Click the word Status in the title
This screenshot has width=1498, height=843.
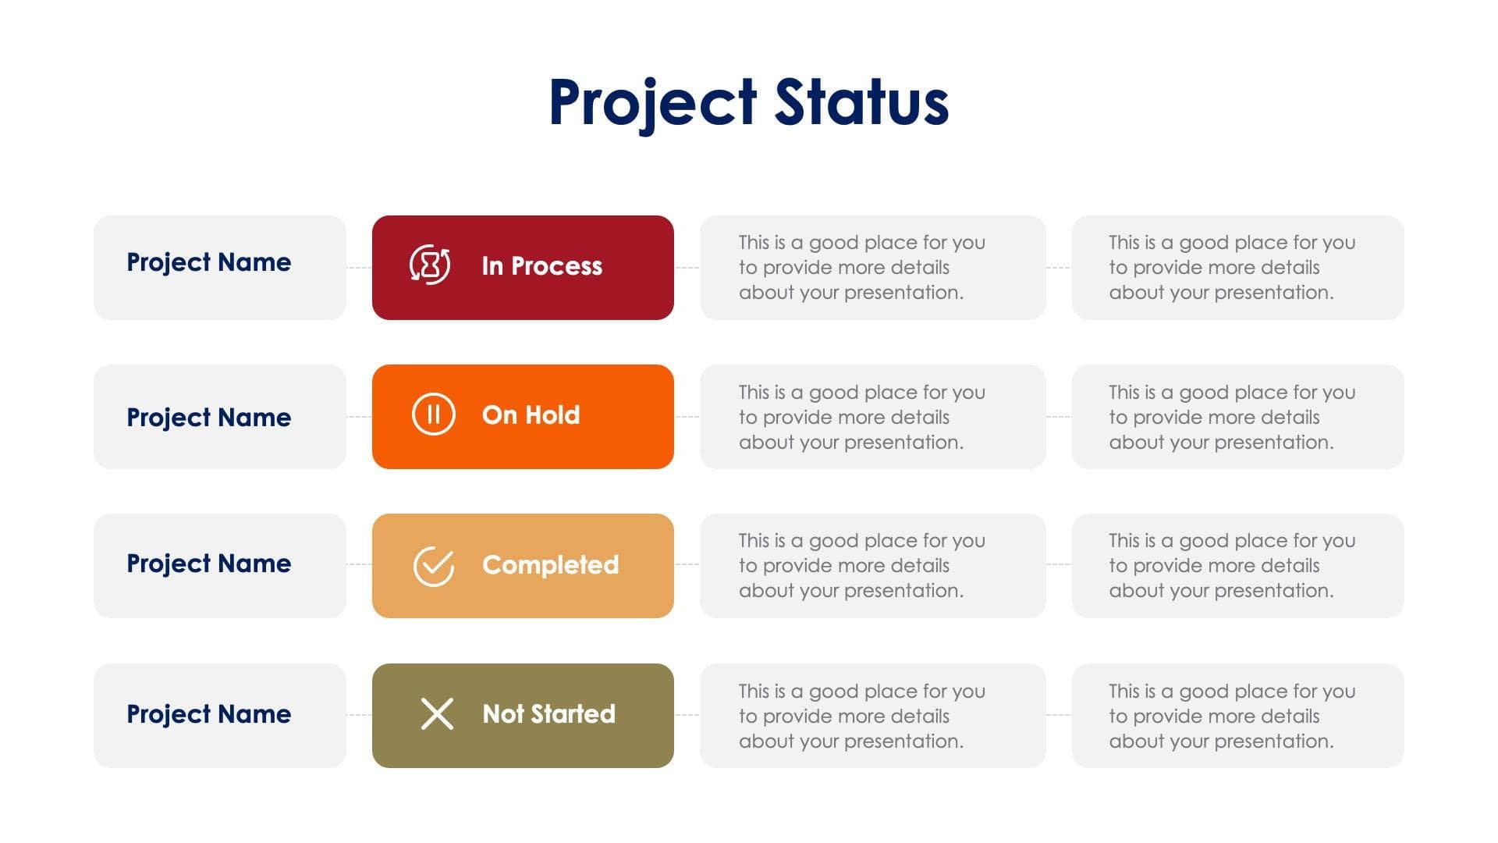861,102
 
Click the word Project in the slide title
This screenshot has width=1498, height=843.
652,102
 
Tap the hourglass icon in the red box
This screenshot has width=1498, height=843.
430,265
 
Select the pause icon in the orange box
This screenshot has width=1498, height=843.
433,414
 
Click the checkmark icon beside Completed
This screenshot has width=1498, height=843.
433,565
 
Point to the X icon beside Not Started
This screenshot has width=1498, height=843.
437,713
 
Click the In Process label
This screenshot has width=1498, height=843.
541,266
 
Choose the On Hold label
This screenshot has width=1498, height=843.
531,415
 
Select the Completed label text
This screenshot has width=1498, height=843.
550,565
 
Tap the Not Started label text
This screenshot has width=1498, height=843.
548,714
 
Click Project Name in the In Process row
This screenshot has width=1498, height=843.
208,262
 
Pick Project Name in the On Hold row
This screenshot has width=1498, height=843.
208,418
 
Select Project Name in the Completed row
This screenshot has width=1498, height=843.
208,564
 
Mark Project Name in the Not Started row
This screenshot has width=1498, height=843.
208,714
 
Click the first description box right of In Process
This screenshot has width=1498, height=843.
872,268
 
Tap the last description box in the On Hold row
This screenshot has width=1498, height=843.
1237,417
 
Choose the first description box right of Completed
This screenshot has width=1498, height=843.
872,566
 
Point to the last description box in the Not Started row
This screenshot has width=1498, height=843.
1237,716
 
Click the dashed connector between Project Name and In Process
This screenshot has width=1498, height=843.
359,268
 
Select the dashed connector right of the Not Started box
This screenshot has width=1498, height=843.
687,715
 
